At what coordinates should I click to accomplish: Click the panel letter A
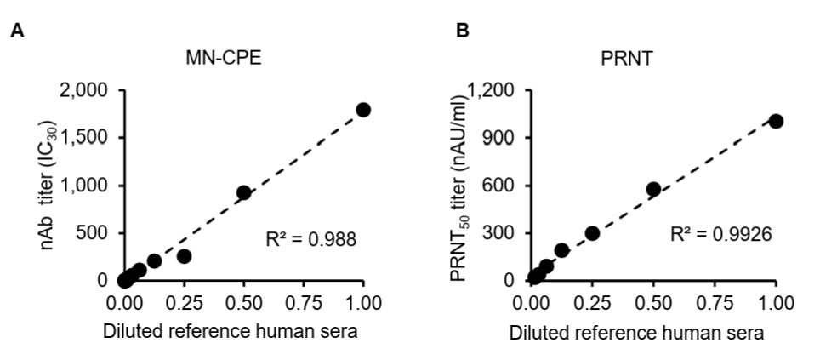pos(17,31)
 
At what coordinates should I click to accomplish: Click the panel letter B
pos(463,31)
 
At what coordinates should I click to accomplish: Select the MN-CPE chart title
pos(224,58)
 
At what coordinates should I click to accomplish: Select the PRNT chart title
pos(627,58)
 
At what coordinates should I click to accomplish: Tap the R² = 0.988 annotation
pos(311,240)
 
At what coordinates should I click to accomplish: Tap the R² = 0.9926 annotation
pos(721,234)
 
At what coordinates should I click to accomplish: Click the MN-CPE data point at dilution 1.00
pos(363,110)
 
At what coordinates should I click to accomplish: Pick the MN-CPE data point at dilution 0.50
pos(243,192)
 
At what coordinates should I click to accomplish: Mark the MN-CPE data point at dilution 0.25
pos(184,256)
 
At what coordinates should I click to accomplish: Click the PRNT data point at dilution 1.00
pos(776,121)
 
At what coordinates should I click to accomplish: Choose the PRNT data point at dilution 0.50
pos(653,189)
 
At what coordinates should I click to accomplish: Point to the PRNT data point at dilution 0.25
pos(592,233)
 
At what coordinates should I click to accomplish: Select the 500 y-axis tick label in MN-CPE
pos(92,233)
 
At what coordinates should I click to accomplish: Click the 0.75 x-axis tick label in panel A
pos(304,303)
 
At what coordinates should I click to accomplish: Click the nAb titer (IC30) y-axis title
pos(48,186)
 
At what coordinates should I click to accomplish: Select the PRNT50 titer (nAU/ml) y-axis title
pos(458,188)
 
